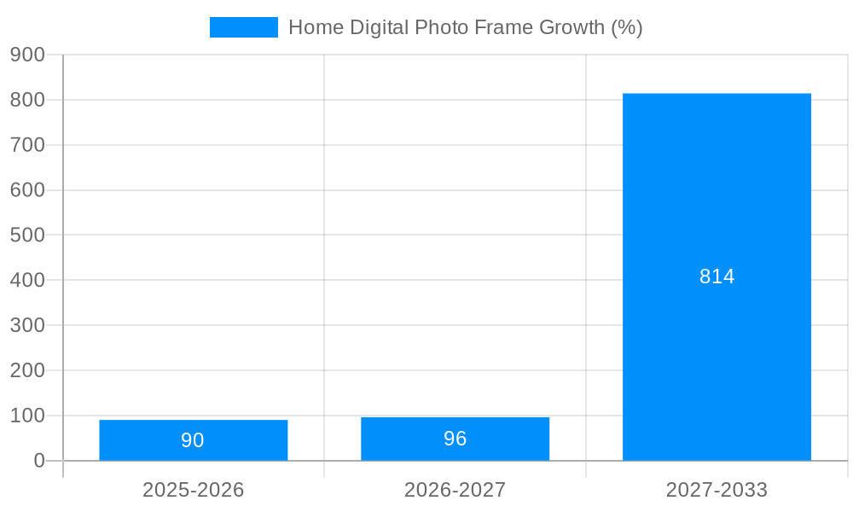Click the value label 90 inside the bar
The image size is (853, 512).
pyautogui.click(x=193, y=440)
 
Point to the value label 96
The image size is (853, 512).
pyautogui.click(x=455, y=439)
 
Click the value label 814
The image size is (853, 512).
pyautogui.click(x=717, y=276)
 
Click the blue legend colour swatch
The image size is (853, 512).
pyautogui.click(x=243, y=27)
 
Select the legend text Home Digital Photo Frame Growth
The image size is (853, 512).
pyautogui.click(x=465, y=27)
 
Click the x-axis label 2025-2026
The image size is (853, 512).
pyautogui.click(x=193, y=490)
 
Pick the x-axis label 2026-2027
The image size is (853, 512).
pyautogui.click(x=455, y=490)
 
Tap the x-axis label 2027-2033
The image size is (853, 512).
pyautogui.click(x=717, y=490)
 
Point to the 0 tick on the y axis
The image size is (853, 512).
pyautogui.click(x=38, y=461)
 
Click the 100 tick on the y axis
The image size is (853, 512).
pyautogui.click(x=27, y=416)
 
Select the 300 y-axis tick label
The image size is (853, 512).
pyautogui.click(x=27, y=325)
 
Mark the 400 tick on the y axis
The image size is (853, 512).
pyautogui.click(x=27, y=280)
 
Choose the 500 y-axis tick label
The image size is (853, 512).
pyautogui.click(x=27, y=235)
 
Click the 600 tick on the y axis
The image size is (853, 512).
pyautogui.click(x=27, y=190)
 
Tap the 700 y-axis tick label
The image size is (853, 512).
pyautogui.click(x=27, y=145)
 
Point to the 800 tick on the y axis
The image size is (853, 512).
pyautogui.click(x=27, y=100)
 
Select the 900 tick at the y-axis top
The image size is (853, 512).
pyautogui.click(x=27, y=55)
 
